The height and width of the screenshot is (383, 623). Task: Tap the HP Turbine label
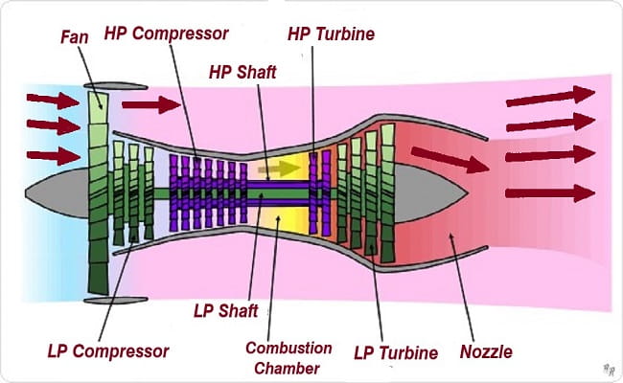[x=331, y=34]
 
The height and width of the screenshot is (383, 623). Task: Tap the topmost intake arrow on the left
[x=53, y=99]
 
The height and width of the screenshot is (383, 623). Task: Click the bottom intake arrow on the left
[x=53, y=155]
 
